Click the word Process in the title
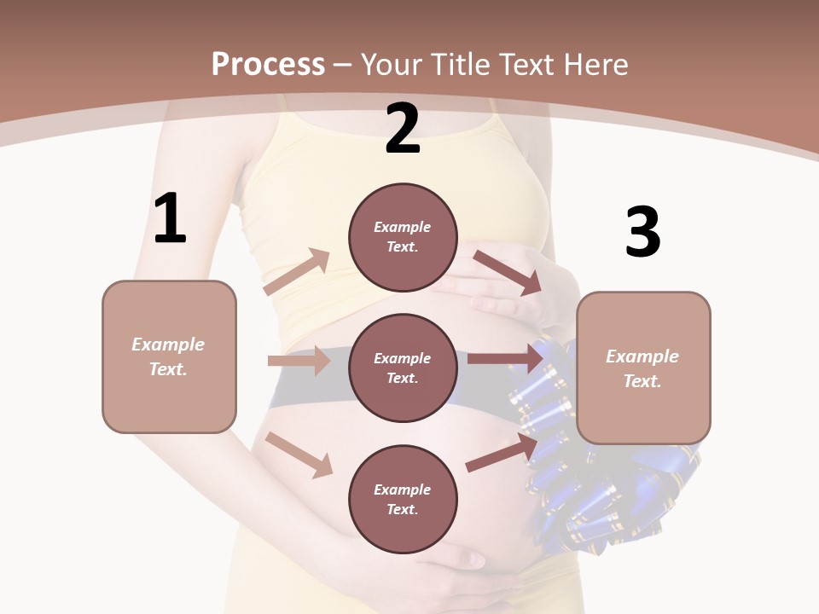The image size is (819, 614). tap(268, 64)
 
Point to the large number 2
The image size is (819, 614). tap(403, 129)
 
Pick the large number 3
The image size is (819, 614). tap(642, 232)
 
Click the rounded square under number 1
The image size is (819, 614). tap(169, 356)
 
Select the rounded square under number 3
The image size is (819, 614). tap(643, 368)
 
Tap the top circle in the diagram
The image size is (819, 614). tap(403, 237)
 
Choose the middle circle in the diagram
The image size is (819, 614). tap(403, 368)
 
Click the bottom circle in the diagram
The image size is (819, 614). tap(403, 499)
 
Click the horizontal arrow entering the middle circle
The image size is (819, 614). tap(299, 361)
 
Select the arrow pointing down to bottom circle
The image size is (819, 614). tap(299, 454)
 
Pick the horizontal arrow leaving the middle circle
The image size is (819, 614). tap(505, 358)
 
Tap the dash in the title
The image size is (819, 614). tap(343, 65)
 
